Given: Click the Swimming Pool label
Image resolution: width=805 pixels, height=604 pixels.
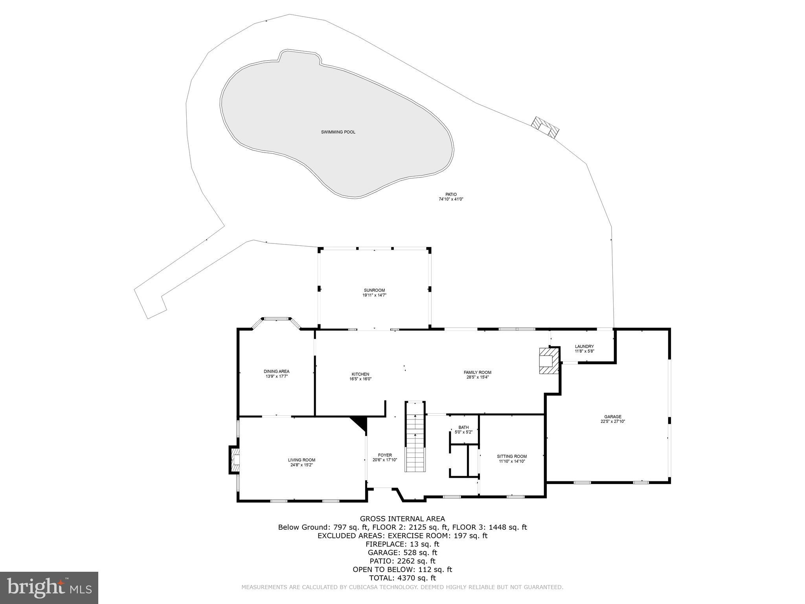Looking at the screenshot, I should click(x=338, y=132).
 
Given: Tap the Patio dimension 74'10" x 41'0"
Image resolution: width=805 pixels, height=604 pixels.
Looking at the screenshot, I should click(x=451, y=199).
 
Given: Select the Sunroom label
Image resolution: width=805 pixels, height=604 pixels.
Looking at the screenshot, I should click(x=374, y=290).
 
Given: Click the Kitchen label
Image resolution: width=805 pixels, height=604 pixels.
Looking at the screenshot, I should click(x=360, y=374).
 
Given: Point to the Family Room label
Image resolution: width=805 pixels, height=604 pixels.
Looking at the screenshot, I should click(x=477, y=372).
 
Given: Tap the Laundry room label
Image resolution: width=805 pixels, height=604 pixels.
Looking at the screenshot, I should click(x=584, y=346).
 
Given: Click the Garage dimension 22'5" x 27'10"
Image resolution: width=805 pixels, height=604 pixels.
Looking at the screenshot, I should click(x=613, y=421).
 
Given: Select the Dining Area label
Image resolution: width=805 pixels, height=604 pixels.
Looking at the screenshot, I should click(x=276, y=371).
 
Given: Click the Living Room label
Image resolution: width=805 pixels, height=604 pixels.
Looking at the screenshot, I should click(x=301, y=460).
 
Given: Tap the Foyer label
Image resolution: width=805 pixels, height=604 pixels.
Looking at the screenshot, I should click(x=385, y=455).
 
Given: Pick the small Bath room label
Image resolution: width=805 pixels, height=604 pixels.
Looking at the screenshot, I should click(x=463, y=427).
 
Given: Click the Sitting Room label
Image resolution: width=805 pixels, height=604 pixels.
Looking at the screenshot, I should click(x=512, y=457).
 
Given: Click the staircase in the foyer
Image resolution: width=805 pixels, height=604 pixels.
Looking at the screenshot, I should click(x=415, y=438).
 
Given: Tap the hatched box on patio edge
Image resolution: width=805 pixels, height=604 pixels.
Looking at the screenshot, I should click(x=545, y=127).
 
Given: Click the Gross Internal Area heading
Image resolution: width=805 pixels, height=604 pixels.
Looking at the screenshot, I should click(x=402, y=519).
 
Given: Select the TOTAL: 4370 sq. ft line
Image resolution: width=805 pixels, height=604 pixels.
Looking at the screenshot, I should click(x=402, y=578).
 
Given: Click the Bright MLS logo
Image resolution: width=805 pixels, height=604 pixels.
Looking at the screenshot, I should click(x=49, y=587).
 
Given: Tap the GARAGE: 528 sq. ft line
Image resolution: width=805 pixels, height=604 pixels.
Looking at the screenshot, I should click(x=402, y=552).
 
